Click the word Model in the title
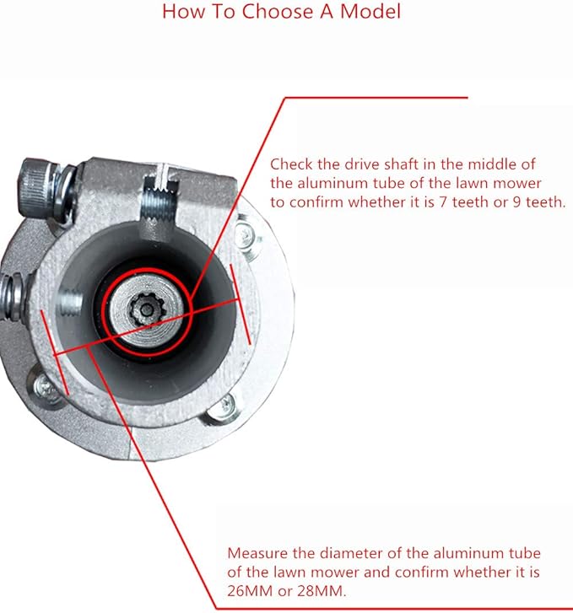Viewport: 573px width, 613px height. pyautogui.click(x=370, y=11)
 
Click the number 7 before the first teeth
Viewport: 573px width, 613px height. pyautogui.click(x=443, y=202)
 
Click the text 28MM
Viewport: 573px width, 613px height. pyautogui.click(x=322, y=591)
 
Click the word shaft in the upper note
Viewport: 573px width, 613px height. pyautogui.click(x=401, y=164)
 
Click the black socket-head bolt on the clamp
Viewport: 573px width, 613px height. pyautogui.click(x=36, y=180)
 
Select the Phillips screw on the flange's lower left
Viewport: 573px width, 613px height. pyautogui.click(x=44, y=387)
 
